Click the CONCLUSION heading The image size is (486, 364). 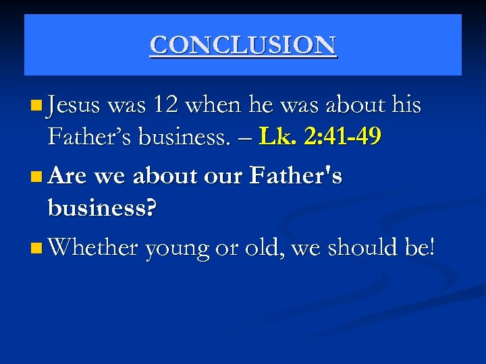tap(243, 45)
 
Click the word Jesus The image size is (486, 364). tap(74, 106)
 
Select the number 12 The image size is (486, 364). tap(165, 106)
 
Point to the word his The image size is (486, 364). tap(406, 106)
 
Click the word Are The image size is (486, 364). tap(67, 177)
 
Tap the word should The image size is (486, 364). tap(362, 247)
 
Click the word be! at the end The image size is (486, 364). tap(420, 247)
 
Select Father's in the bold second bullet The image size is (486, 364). tap(296, 177)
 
